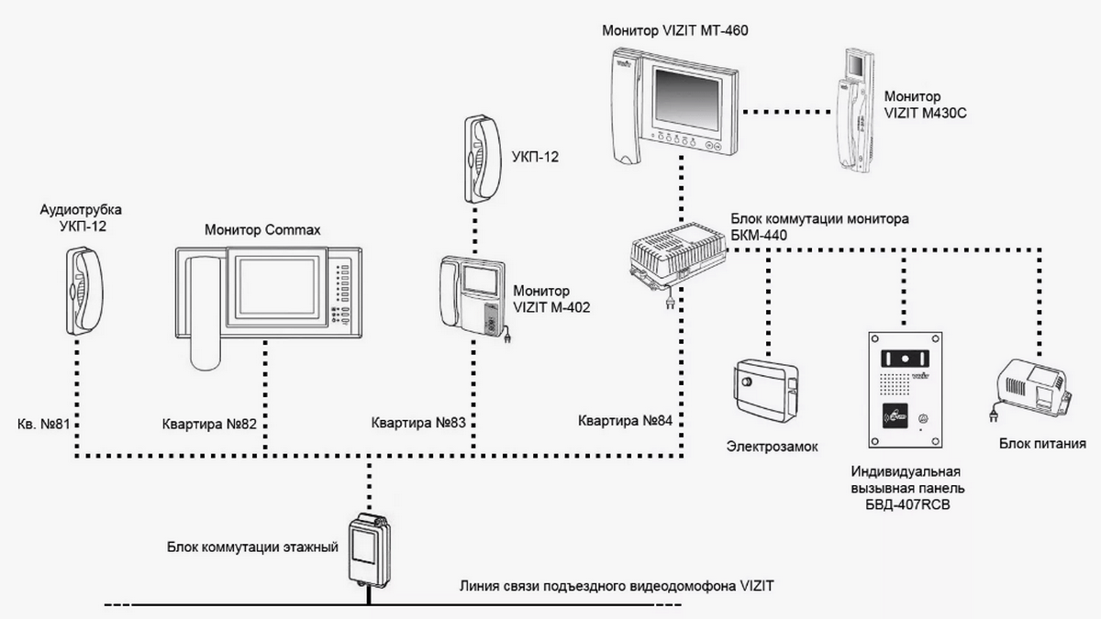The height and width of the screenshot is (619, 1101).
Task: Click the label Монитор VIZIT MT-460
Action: pos(675,30)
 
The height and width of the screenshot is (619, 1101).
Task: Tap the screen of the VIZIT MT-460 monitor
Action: pos(687,98)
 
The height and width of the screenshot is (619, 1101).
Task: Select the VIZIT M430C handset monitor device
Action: pos(856,111)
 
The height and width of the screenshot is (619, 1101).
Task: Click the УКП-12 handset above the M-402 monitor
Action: pos(483,159)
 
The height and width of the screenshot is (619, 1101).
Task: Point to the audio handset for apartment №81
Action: pos(84,292)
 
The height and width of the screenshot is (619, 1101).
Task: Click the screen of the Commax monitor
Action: pos(277,288)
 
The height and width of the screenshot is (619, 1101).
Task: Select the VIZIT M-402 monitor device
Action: pos(473,297)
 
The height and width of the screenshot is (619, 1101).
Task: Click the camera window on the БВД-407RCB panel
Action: pos(905,359)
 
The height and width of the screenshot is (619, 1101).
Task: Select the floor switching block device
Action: pos(370,549)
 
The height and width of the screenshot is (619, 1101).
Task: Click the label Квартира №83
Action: pos(418,423)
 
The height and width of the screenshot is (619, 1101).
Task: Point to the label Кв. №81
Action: pos(44,424)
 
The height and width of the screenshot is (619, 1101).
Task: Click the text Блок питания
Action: pos(1042,444)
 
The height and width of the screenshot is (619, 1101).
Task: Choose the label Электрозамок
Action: pos(773,447)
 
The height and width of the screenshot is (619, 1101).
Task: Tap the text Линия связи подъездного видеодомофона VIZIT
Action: pos(617,586)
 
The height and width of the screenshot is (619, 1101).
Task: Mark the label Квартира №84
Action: pos(625,421)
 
